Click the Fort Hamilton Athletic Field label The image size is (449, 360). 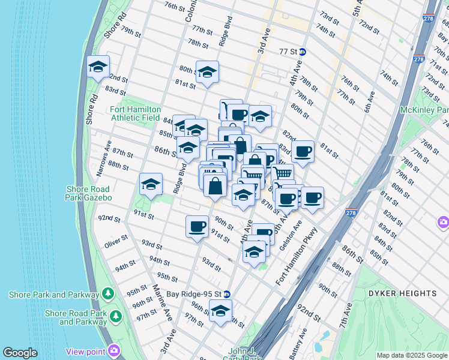pyautogui.click(x=135, y=113)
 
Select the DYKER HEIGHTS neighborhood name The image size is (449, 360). pyautogui.click(x=403, y=293)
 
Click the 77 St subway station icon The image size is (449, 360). pyautogui.click(x=303, y=52)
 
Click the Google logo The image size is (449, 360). pyautogui.click(x=20, y=353)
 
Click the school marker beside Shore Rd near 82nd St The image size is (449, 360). pyautogui.click(x=98, y=68)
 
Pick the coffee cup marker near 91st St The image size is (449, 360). pyautogui.click(x=197, y=227)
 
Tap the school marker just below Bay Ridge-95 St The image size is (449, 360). pyautogui.click(x=220, y=311)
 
